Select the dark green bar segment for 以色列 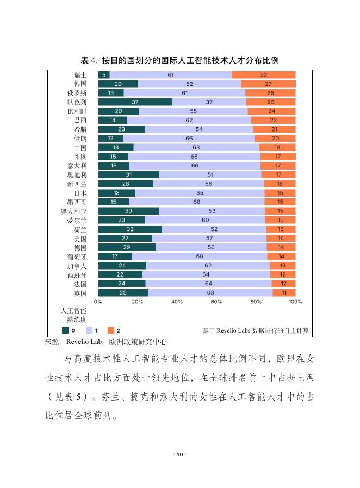[135, 102]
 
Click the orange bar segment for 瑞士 [264, 75]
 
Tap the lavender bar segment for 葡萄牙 [200, 256]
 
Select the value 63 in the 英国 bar [210, 293]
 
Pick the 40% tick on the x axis [177, 301]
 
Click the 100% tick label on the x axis [295, 301]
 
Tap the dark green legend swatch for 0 [65, 330]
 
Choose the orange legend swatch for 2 [110, 330]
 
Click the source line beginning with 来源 [105, 342]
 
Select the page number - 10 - [179, 454]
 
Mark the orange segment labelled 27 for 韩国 [268, 84]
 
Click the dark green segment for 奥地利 [128, 175]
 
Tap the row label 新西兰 [77, 184]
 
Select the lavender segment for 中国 [196, 147]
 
